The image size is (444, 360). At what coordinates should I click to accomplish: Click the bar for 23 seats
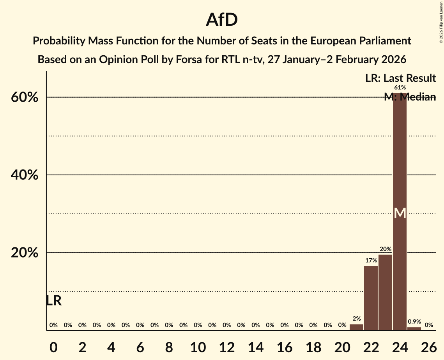385,292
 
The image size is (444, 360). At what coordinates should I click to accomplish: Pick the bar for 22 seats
371,298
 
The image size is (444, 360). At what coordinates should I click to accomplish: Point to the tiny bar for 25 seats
414,329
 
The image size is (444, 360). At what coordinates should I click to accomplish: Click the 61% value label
400,88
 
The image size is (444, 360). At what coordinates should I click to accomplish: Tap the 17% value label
371,260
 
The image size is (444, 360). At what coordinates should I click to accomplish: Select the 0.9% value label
414,322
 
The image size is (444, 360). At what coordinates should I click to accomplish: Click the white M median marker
400,213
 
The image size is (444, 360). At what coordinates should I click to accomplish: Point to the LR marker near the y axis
53,301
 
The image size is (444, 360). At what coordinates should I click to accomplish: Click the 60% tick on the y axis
24,97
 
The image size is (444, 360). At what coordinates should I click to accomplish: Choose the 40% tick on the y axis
24,175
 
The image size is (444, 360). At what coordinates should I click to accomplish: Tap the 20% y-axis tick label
24,253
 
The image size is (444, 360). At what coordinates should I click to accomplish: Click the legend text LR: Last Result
400,78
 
